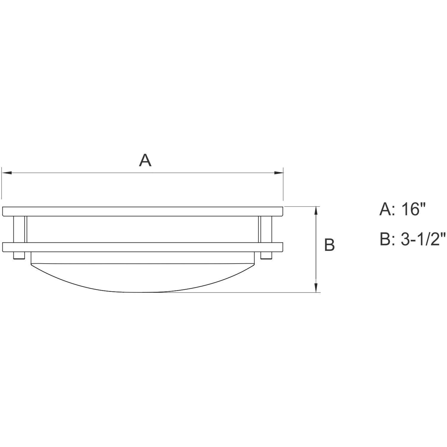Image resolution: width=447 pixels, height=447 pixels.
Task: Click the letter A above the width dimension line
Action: pyautogui.click(x=145, y=161)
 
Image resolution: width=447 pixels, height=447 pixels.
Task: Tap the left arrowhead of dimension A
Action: pyautogui.click(x=7, y=172)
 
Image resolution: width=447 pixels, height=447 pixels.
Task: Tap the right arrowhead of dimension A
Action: pyautogui.click(x=278, y=172)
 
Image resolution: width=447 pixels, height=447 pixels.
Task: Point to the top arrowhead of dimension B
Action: pyautogui.click(x=317, y=211)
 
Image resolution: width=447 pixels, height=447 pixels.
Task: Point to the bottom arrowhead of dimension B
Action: pyautogui.click(x=317, y=288)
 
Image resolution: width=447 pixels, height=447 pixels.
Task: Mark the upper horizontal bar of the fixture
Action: pyautogui.click(x=143, y=211)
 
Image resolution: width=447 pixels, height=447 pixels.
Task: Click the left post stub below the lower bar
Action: pyautogui.click(x=18, y=256)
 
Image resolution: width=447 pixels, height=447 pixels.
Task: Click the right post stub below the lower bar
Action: pyautogui.click(x=266, y=256)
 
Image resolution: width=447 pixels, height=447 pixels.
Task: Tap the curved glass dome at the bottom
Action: pyautogui.click(x=143, y=278)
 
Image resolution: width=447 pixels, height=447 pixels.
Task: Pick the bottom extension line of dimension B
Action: pyautogui.click(x=238, y=292)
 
